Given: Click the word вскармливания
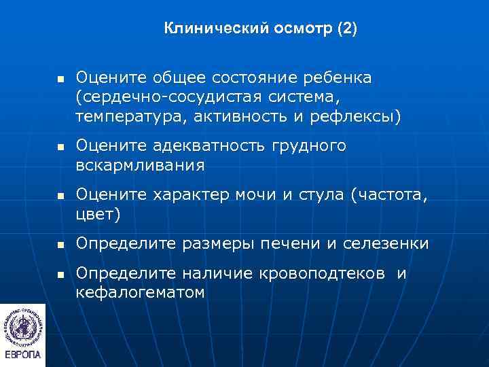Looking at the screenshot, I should (x=140, y=165).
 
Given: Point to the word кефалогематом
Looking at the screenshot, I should (x=140, y=292).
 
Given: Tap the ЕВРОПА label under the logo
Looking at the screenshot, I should (x=22, y=355).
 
